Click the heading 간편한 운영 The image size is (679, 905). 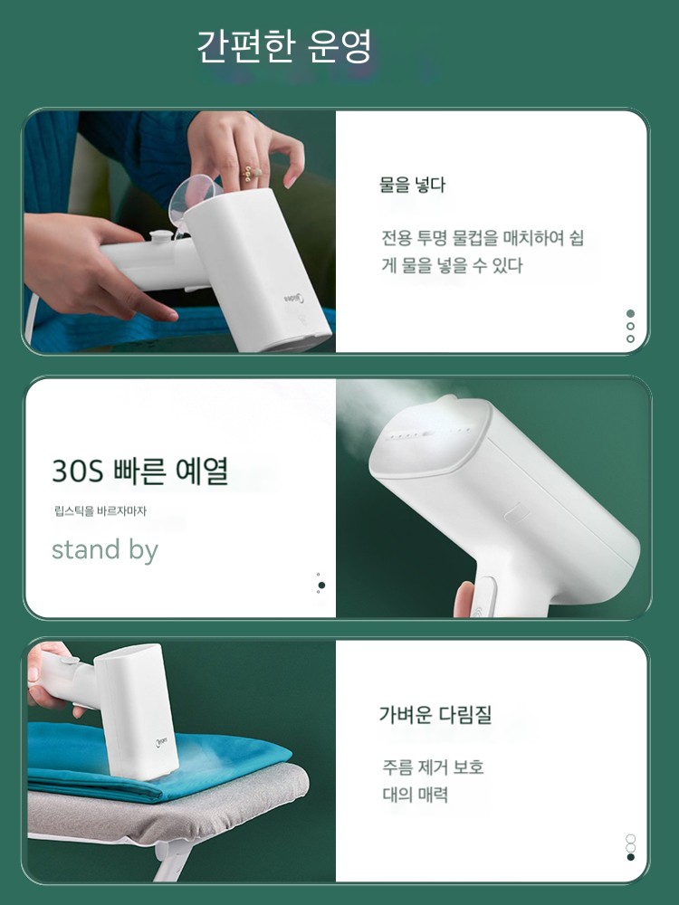tap(284, 46)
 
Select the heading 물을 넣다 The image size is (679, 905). tap(412, 185)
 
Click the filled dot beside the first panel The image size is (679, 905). tap(630, 313)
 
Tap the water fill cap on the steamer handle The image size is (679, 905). tap(160, 236)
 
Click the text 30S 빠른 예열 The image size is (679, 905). tap(140, 471)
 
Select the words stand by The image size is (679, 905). tap(105, 550)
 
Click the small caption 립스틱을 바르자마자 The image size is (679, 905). tap(100, 510)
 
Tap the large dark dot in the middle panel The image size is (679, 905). tap(321, 586)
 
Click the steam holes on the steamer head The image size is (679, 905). tap(428, 433)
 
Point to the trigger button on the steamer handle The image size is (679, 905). tap(483, 597)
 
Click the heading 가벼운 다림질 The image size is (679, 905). tap(435, 714)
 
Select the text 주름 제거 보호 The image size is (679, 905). tap(433, 767)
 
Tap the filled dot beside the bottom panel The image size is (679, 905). tap(630, 857)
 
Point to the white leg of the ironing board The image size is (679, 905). tap(172, 859)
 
